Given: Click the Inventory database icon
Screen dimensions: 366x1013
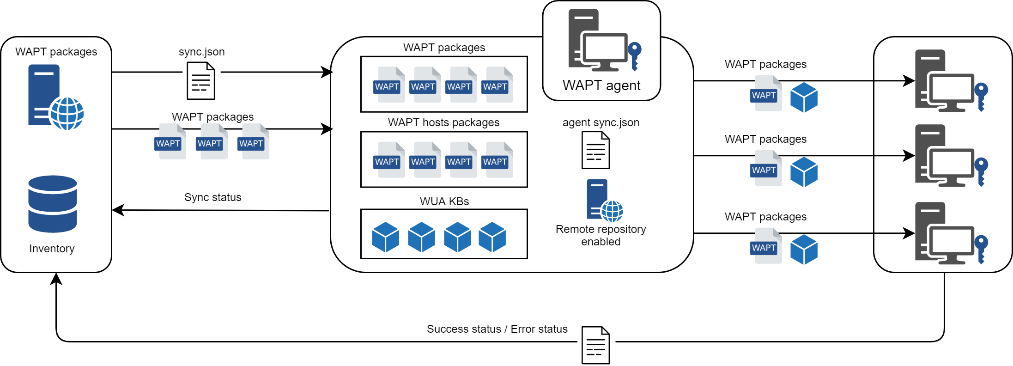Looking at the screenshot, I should (x=52, y=204).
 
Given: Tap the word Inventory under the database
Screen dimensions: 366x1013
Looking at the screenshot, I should (x=52, y=249).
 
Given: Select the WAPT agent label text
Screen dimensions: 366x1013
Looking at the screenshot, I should (x=601, y=85).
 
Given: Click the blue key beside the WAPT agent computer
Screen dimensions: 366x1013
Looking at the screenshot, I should (x=635, y=55).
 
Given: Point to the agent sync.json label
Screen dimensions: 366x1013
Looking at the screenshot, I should (x=601, y=122).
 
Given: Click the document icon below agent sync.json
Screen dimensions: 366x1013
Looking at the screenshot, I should (x=595, y=150).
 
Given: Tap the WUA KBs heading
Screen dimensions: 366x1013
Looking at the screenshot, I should (x=444, y=201).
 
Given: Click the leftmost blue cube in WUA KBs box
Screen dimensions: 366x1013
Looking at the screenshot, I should (x=385, y=237).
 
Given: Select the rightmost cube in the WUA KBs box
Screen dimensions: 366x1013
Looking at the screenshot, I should (x=492, y=237).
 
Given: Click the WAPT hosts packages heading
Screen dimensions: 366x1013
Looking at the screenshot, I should (x=443, y=122).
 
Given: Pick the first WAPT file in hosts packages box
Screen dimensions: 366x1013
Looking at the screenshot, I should (x=388, y=160).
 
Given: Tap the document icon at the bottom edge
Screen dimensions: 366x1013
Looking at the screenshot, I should (x=596, y=346).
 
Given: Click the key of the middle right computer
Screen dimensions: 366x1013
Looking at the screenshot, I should (x=981, y=171).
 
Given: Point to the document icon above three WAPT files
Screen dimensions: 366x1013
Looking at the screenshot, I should (x=201, y=81).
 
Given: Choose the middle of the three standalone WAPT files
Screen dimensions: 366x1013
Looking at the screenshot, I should (x=211, y=142).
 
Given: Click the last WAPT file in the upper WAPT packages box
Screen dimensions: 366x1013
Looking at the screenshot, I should (x=496, y=85).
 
